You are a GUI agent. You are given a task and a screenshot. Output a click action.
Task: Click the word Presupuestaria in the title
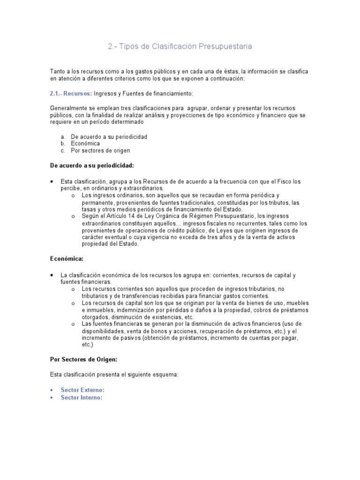coord(225,46)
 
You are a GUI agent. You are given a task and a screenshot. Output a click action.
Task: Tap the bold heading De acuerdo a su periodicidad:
coord(92,165)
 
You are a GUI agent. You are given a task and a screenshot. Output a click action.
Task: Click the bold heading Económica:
coord(67,258)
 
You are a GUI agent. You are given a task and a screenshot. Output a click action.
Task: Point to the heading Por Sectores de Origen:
coord(83,360)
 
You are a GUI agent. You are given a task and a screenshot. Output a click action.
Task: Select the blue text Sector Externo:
coord(82,390)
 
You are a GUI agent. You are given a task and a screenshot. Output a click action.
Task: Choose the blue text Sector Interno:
coord(82,397)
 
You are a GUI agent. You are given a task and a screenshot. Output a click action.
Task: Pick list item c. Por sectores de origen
coord(100,150)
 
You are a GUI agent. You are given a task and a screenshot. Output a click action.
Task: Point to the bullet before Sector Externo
coord(52,390)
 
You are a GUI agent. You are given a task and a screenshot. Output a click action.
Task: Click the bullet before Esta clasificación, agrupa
coord(52,181)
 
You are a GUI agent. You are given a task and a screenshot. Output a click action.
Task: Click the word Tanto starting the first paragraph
coord(58,71)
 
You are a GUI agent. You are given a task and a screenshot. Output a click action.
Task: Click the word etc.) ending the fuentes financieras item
coord(88,345)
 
